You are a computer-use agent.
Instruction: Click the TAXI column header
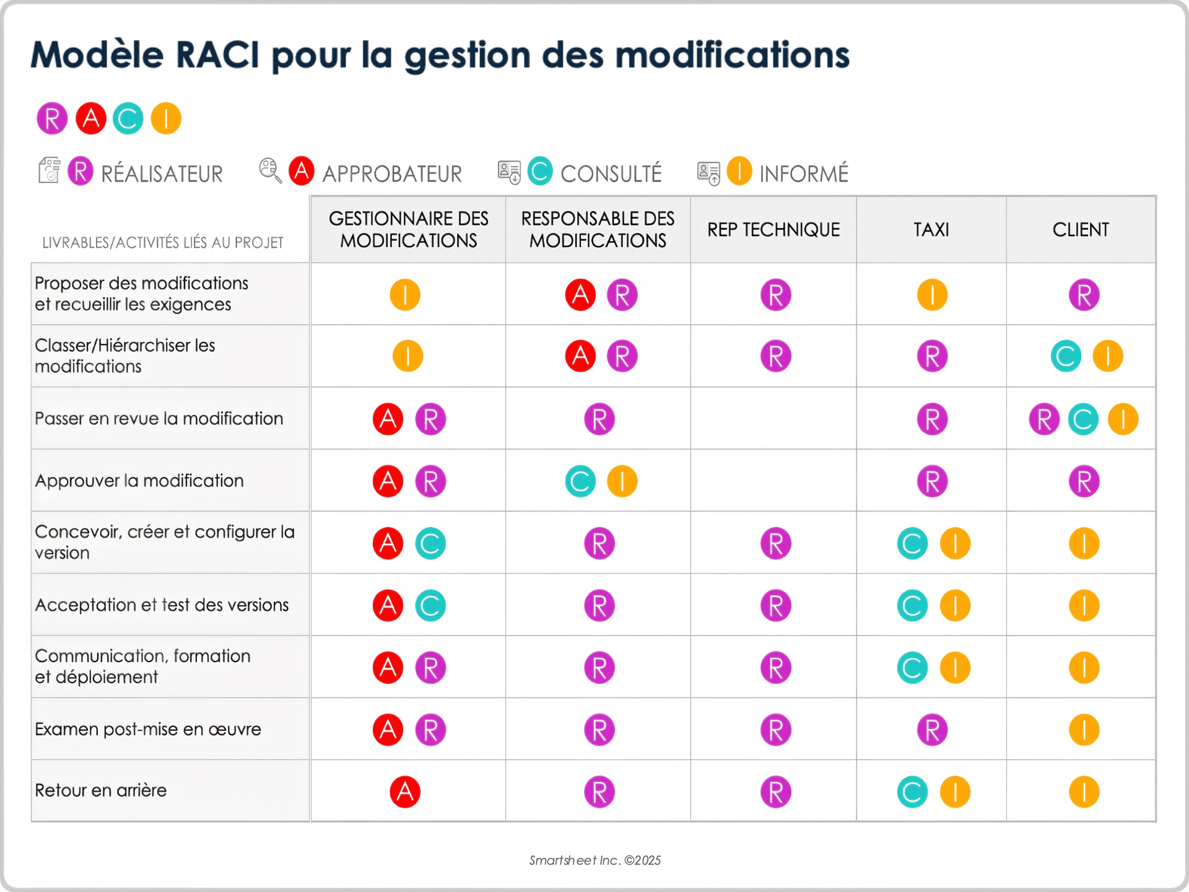[931, 230]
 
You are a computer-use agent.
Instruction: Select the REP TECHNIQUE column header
[773, 230]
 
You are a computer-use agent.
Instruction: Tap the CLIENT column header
[1081, 230]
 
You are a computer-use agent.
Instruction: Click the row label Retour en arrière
[101, 790]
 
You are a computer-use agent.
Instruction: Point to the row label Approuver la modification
[139, 481]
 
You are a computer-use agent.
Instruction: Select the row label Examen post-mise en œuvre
[148, 729]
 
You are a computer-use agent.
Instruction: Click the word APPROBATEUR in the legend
[392, 174]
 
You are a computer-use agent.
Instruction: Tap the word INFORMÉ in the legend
[804, 174]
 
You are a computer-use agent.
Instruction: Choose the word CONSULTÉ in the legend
[611, 174]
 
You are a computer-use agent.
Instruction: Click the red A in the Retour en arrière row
[405, 792]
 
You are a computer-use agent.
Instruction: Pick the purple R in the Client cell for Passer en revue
[1044, 419]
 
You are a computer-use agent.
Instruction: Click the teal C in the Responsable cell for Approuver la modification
[580, 481]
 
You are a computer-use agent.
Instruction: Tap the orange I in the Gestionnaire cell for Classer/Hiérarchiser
[407, 356]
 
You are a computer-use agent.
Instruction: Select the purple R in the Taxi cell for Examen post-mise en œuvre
[932, 730]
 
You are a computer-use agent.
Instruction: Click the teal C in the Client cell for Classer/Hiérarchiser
[1066, 356]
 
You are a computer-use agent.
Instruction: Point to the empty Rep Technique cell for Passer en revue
[773, 419]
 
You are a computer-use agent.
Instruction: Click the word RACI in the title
[217, 55]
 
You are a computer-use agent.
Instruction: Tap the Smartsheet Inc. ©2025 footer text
[594, 860]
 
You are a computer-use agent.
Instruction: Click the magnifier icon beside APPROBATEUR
[270, 170]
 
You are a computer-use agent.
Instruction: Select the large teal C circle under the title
[128, 118]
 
